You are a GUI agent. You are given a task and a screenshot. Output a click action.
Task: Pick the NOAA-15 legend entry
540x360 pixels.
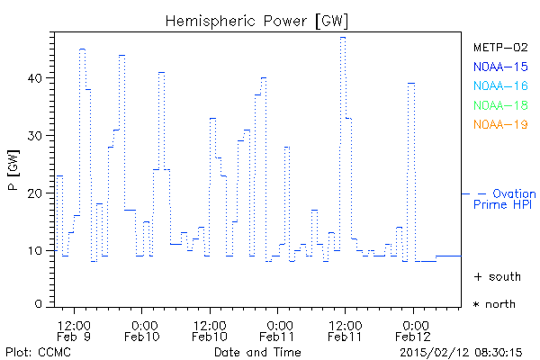500,67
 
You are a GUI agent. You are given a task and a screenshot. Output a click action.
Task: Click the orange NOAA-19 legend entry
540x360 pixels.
500,124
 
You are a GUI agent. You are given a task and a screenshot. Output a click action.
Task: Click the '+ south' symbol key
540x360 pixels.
494,276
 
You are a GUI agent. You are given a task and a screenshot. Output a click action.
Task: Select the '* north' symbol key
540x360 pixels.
494,304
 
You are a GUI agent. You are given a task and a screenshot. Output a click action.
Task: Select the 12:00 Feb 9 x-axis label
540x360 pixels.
74,329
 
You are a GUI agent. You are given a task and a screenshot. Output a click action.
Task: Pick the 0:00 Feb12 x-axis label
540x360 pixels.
414,329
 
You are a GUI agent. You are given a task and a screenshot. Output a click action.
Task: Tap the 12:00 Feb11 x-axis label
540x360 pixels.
346,329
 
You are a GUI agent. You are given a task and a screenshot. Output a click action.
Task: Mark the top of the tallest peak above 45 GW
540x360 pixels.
343,37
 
